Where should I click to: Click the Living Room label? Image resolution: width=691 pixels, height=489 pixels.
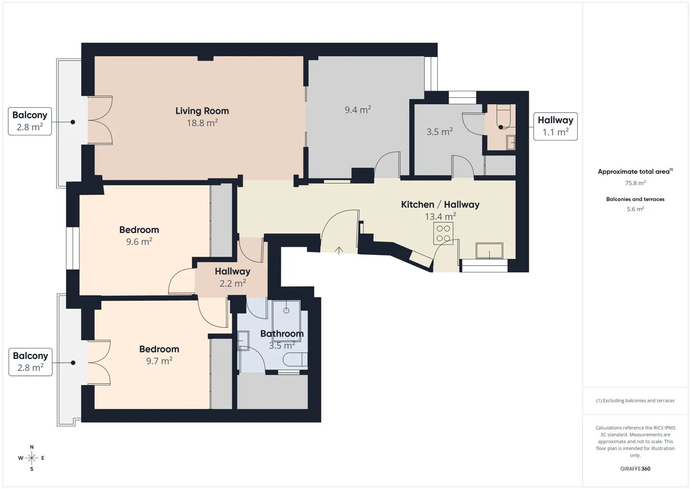[x=202, y=111]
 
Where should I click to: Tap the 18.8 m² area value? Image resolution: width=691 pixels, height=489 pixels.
[x=202, y=123]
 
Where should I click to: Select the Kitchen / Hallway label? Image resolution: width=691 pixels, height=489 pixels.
[x=440, y=204]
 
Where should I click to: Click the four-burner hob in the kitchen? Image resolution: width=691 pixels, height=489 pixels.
[x=443, y=233]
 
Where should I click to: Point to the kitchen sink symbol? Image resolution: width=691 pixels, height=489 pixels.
[x=489, y=250]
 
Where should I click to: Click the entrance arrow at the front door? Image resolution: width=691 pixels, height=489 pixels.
[x=339, y=250]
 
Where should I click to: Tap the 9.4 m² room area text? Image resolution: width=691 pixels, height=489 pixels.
[x=358, y=110]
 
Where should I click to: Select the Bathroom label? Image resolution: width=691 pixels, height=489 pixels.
[x=282, y=334]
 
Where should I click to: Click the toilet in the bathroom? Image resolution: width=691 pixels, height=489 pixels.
[x=295, y=360]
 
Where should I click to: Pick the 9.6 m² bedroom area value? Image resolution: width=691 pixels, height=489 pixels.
[x=139, y=241]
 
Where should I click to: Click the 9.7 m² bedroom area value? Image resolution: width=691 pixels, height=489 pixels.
[x=159, y=361]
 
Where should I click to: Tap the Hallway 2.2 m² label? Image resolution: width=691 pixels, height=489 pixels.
[x=233, y=277]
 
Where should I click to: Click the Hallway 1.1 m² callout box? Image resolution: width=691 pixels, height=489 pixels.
[x=556, y=126]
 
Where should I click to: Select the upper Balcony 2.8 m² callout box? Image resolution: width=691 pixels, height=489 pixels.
[x=30, y=121]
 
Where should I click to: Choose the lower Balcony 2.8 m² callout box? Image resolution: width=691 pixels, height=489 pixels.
[x=30, y=362]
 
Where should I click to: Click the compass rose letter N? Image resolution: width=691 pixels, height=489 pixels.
[x=32, y=447]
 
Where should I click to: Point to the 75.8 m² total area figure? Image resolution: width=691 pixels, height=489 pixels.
[x=635, y=183]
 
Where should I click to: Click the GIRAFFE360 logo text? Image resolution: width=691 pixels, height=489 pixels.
[x=635, y=469]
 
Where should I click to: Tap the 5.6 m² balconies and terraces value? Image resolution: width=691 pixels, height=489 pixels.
[x=635, y=209]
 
